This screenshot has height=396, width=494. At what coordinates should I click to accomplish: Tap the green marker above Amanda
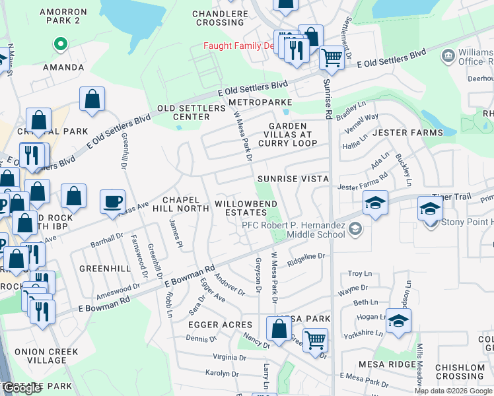tap(60, 46)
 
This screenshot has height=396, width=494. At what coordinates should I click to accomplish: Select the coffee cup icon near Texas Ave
tap(112, 201)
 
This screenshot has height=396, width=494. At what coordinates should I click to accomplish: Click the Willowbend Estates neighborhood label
tap(244, 208)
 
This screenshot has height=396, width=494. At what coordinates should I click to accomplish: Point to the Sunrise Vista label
tap(293, 179)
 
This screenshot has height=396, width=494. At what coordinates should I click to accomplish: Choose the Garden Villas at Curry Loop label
tap(287, 134)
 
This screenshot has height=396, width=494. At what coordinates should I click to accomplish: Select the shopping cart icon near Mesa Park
tap(316, 340)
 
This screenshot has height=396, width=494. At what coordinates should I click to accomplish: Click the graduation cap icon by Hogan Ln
tap(398, 321)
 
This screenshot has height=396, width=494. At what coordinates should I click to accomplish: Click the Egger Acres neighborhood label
tap(220, 325)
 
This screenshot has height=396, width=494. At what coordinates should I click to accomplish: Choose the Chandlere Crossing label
tap(219, 18)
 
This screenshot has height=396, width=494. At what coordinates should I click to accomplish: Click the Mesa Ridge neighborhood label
tap(385, 364)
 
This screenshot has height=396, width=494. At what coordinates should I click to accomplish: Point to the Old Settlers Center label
tap(183, 112)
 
